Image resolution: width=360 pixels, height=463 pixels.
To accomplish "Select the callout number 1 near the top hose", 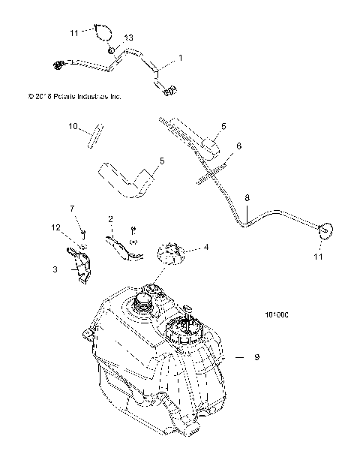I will [x=180, y=58].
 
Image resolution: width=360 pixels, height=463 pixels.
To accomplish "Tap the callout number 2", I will [x=110, y=219].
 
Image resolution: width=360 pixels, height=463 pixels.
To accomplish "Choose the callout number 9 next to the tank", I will [x=256, y=358].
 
